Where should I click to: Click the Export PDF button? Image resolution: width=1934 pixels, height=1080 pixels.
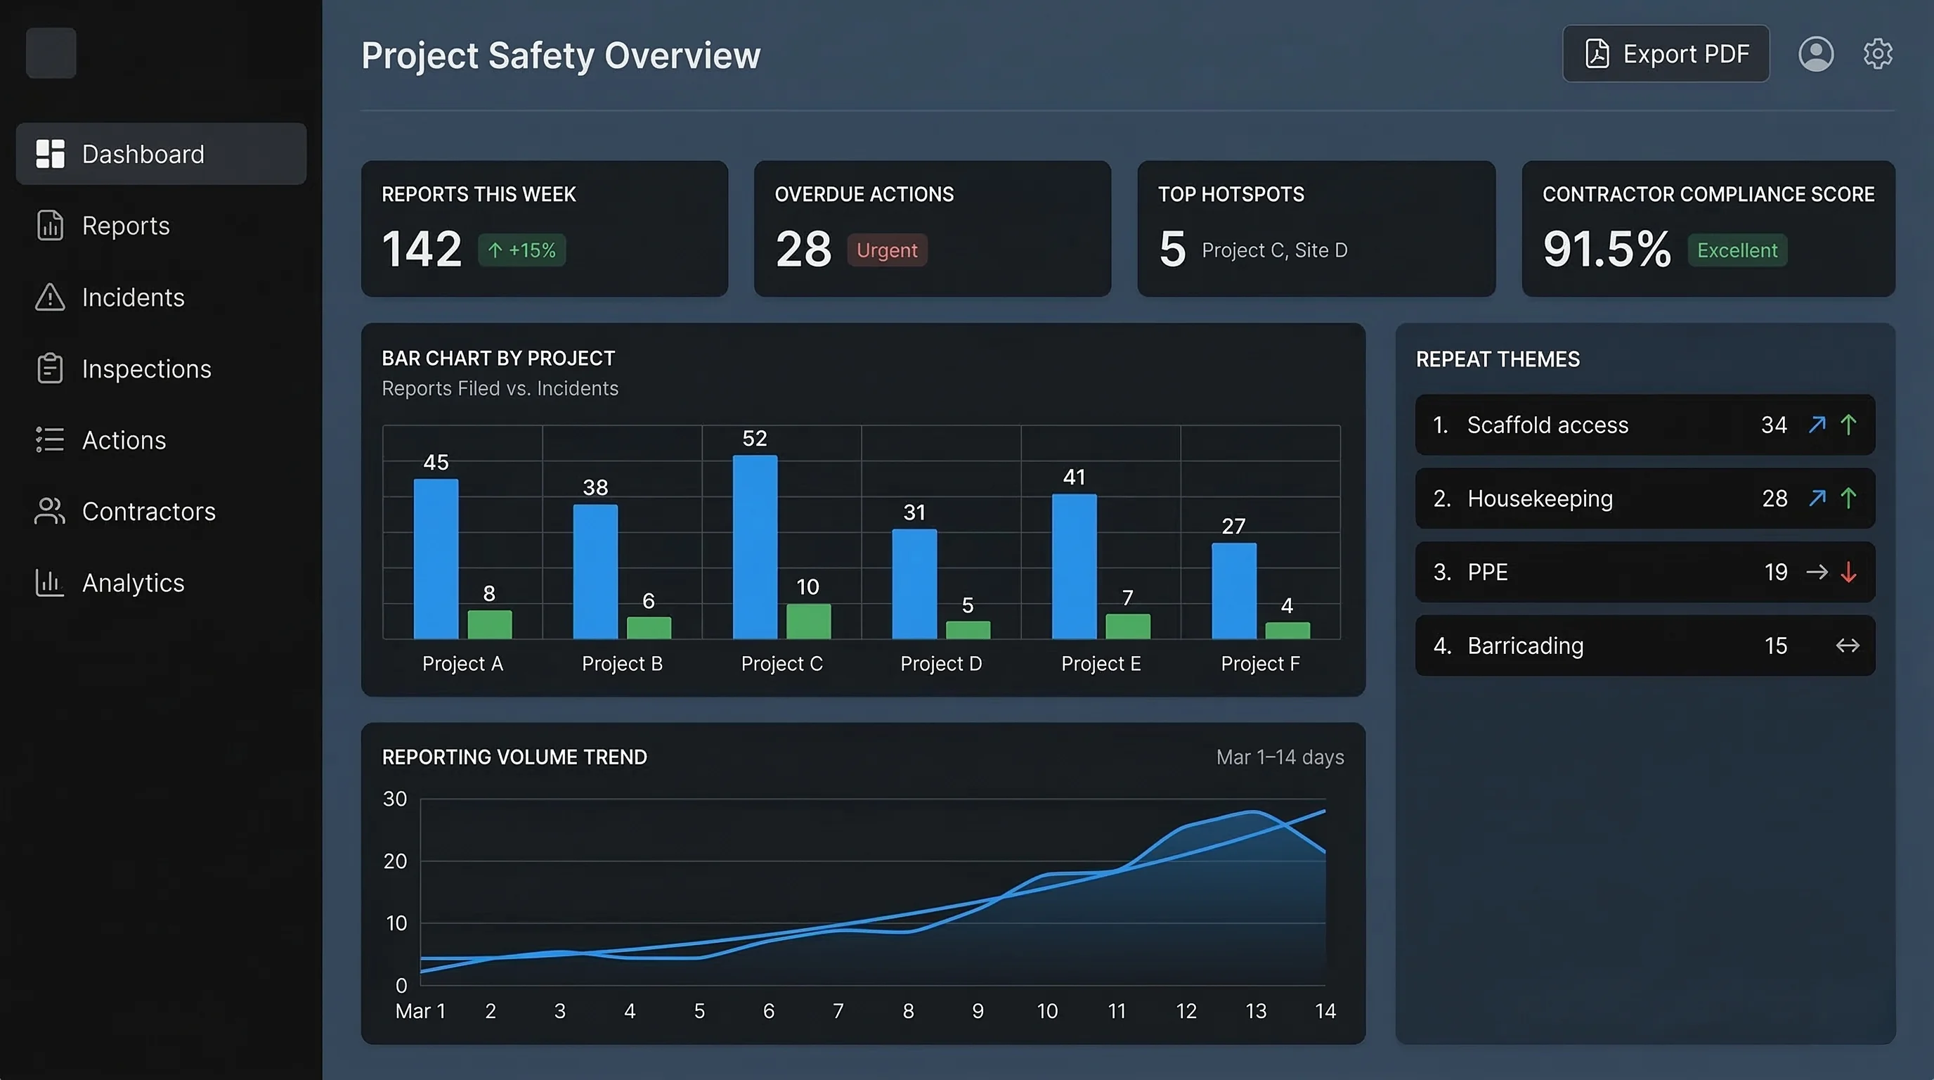pyautogui.click(x=1666, y=54)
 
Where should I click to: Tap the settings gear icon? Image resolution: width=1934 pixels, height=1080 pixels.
pyautogui.click(x=1877, y=54)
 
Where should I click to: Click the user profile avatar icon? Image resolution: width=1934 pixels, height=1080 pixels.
pyautogui.click(x=1815, y=54)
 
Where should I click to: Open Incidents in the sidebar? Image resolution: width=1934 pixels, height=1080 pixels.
pyautogui.click(x=132, y=297)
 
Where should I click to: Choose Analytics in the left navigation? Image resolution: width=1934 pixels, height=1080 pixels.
pyautogui.click(x=132, y=583)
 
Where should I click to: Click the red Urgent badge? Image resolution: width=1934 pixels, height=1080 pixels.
pyautogui.click(x=887, y=250)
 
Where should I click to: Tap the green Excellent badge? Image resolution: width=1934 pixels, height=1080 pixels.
pyautogui.click(x=1737, y=250)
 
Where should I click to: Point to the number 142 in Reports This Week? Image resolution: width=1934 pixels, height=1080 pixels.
pyautogui.click(x=421, y=250)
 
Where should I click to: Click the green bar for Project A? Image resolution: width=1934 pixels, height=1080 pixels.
pyautogui.click(x=490, y=625)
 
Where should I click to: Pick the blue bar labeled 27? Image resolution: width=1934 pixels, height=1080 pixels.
pyautogui.click(x=1233, y=591)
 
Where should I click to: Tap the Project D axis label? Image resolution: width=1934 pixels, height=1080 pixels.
pyautogui.click(x=941, y=664)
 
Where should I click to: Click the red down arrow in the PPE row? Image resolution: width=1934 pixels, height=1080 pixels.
pyautogui.click(x=1848, y=572)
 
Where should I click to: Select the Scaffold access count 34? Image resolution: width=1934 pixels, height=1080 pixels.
pyautogui.click(x=1773, y=425)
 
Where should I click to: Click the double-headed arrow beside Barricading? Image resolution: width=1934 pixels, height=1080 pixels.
pyautogui.click(x=1847, y=646)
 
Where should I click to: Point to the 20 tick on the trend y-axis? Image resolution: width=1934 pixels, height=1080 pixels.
pyautogui.click(x=395, y=861)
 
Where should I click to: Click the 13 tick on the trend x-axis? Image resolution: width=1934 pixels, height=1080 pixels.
pyautogui.click(x=1255, y=1012)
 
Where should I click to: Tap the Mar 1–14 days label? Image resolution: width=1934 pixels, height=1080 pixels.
pyautogui.click(x=1279, y=757)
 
